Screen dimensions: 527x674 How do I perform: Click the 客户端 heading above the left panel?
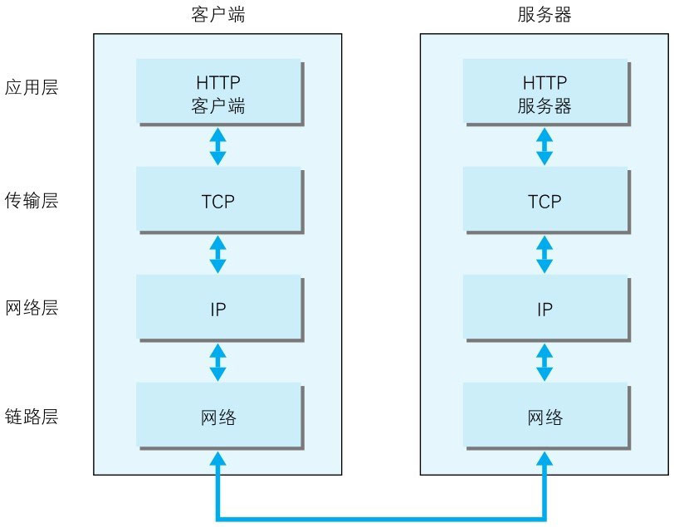point(217,16)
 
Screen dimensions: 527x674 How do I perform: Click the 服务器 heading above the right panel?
point(545,16)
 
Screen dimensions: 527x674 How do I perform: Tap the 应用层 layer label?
point(32,88)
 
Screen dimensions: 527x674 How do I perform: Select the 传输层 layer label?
point(32,201)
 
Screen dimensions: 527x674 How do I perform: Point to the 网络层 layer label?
point(32,309)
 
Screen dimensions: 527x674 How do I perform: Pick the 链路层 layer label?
point(32,417)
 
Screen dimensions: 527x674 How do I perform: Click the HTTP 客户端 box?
point(217,93)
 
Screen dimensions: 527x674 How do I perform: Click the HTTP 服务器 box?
point(545,93)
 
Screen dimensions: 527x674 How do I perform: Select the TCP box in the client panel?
point(217,201)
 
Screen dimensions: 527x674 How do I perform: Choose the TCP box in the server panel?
point(545,201)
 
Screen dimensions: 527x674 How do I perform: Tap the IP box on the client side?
point(217,309)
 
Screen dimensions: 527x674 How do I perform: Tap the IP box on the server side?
point(545,309)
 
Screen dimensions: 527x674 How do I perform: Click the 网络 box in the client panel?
point(217,417)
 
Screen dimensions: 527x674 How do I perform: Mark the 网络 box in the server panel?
point(545,417)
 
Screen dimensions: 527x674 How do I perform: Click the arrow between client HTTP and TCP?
point(217,146)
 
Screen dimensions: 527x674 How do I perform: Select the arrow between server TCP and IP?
point(545,254)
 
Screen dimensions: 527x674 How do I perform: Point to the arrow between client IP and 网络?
point(217,363)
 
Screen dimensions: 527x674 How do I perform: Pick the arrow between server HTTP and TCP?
point(545,146)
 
